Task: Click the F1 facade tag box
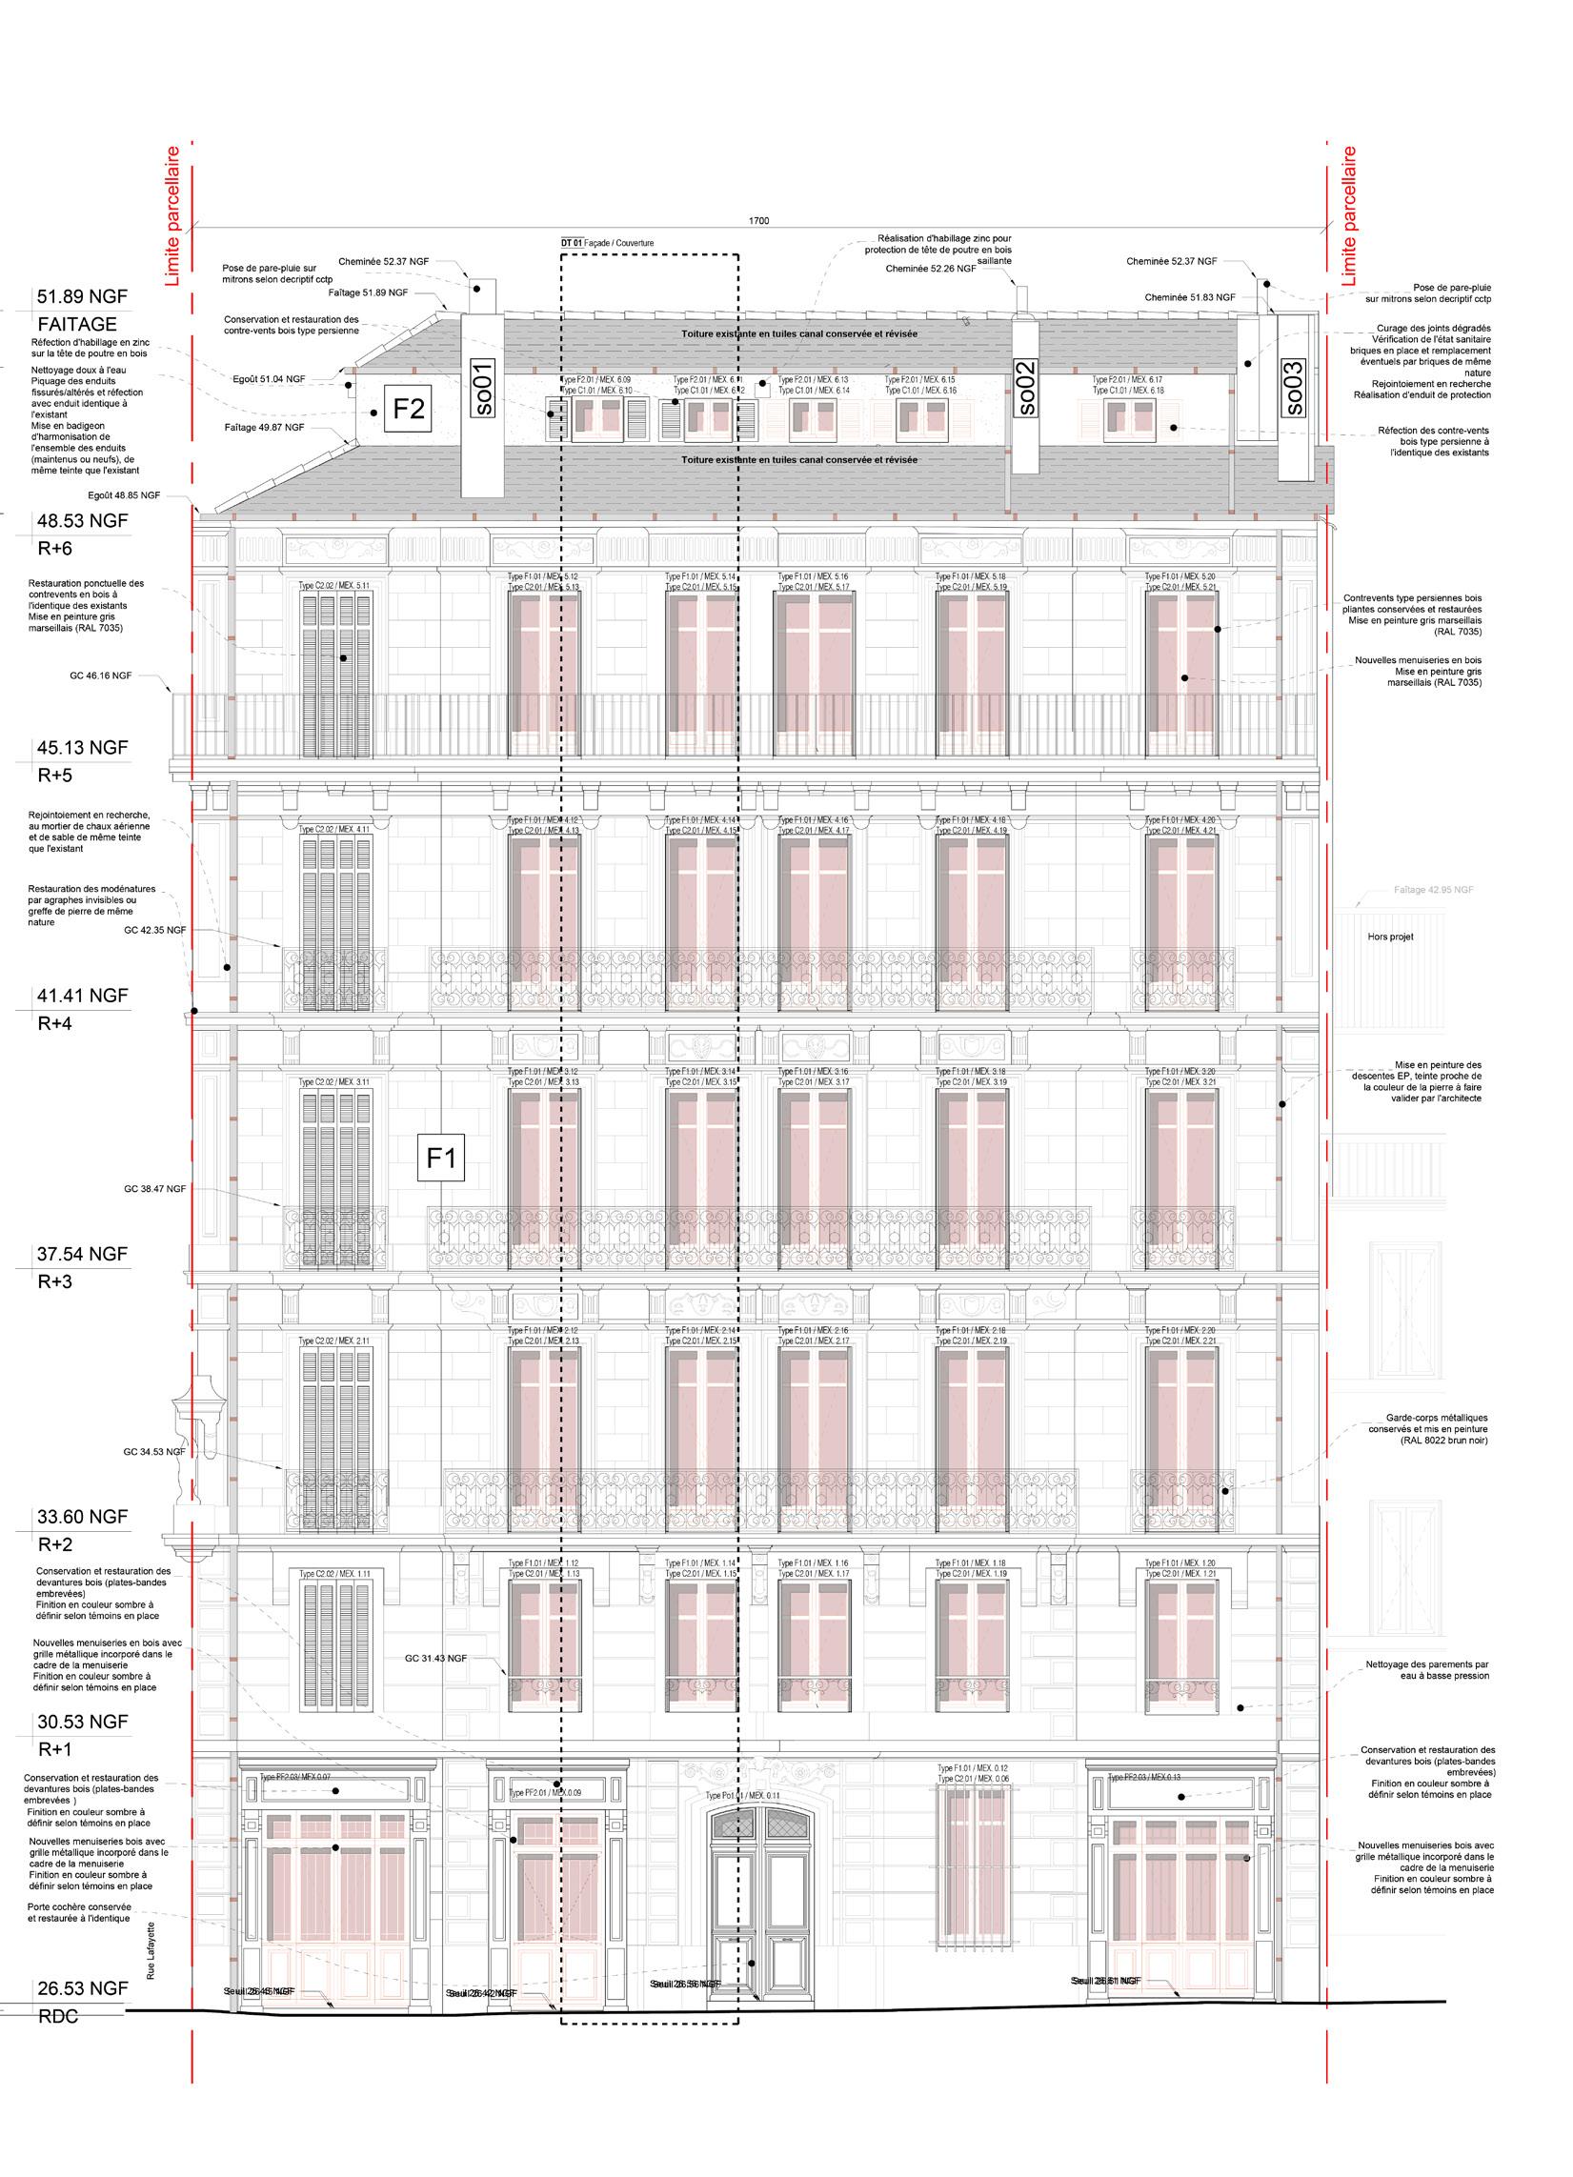click(x=440, y=1159)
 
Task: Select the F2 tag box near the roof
click(x=409, y=410)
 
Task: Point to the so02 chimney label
click(x=1026, y=388)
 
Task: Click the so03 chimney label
click(x=1293, y=388)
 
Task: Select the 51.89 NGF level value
click(x=82, y=295)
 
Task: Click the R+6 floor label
click(x=54, y=549)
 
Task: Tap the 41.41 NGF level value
click(x=82, y=996)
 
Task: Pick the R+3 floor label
click(x=54, y=1281)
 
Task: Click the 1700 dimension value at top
click(x=758, y=221)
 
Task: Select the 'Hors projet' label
click(x=1391, y=937)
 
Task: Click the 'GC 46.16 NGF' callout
click(x=101, y=675)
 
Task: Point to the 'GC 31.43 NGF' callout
click(x=435, y=1658)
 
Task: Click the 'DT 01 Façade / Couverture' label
click(x=607, y=244)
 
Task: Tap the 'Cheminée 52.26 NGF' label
click(x=931, y=269)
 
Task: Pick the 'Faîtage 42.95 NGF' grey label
click(x=1433, y=891)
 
